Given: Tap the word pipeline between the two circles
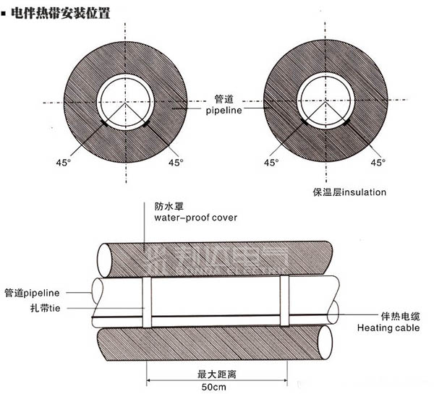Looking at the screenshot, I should (x=219, y=111).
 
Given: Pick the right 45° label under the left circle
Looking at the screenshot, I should (x=176, y=163).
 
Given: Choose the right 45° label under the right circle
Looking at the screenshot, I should (x=377, y=163).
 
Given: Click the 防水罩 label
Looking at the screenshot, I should (x=165, y=205).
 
